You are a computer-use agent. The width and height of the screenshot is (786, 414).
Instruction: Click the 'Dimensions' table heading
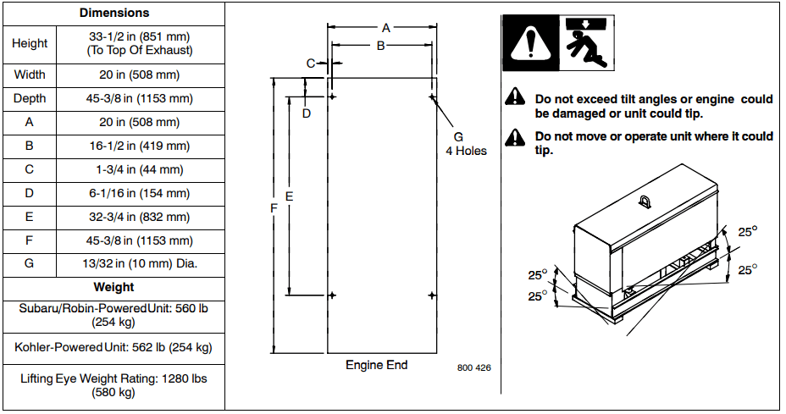pyautogui.click(x=114, y=14)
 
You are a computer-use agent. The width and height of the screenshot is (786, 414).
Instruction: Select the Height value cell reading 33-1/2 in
pyautogui.click(x=141, y=43)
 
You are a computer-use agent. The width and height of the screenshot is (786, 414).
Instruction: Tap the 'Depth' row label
pyautogui.click(x=30, y=98)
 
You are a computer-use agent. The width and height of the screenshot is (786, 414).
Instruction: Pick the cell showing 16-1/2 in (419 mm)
pyautogui.click(x=141, y=146)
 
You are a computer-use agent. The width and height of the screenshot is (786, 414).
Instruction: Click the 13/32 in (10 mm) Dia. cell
pyautogui.click(x=141, y=263)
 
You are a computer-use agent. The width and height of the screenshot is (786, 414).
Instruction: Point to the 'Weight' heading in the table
pyautogui.click(x=114, y=287)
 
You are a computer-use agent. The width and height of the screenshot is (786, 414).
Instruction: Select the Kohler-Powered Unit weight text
pyautogui.click(x=113, y=347)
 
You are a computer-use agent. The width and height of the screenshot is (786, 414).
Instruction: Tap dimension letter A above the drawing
pyautogui.click(x=385, y=27)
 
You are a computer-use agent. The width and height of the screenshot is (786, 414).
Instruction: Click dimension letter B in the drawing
pyautogui.click(x=381, y=45)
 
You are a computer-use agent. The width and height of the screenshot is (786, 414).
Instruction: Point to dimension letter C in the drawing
pyautogui.click(x=311, y=63)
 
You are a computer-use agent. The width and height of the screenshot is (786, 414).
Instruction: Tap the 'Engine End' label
pyautogui.click(x=377, y=365)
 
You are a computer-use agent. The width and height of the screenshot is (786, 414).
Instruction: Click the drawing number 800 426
pyautogui.click(x=473, y=367)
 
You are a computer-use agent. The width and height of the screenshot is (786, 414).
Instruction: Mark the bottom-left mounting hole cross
pyautogui.click(x=332, y=295)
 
